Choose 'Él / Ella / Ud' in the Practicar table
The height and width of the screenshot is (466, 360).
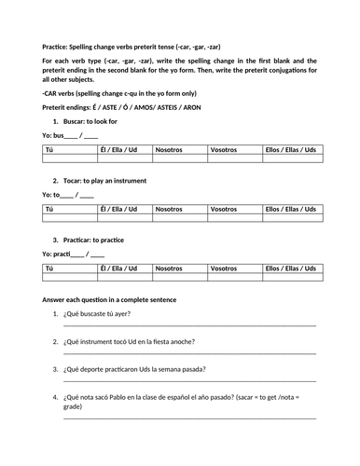(x=119, y=267)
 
